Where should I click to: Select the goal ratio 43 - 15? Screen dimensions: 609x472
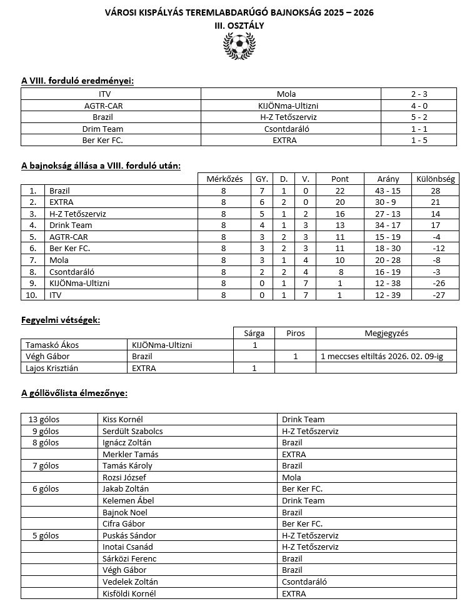tap(389, 190)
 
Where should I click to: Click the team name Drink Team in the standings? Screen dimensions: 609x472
tap(70, 225)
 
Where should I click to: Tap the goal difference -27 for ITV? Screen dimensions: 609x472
tap(435, 295)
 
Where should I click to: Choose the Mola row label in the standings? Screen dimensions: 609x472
tap(59, 260)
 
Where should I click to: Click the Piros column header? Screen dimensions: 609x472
tap(295, 333)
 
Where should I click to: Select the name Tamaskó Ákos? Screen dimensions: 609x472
tap(52, 345)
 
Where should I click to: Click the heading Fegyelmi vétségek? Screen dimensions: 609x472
tap(61, 320)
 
